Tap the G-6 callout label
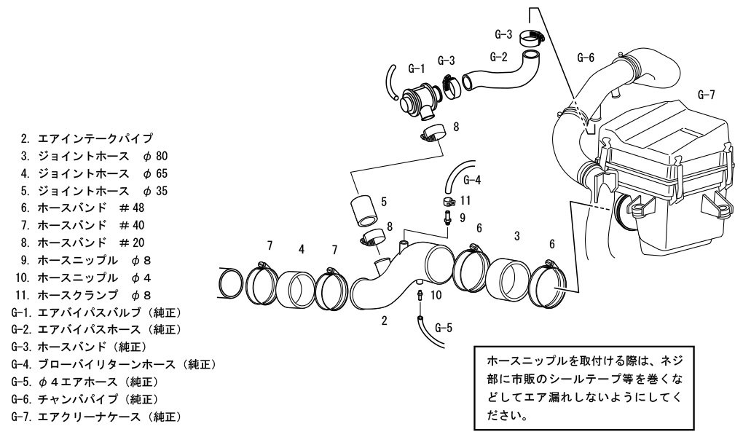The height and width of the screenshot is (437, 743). pyautogui.click(x=586, y=56)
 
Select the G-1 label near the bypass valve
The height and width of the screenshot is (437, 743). pyautogui.click(x=416, y=68)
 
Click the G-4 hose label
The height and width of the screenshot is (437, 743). pyautogui.click(x=472, y=179)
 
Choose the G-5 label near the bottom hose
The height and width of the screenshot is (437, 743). pyautogui.click(x=443, y=328)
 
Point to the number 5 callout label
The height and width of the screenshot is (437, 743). pyautogui.click(x=383, y=201)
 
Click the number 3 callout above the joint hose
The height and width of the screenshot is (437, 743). pyautogui.click(x=516, y=236)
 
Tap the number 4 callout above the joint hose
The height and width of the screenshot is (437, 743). pyautogui.click(x=301, y=249)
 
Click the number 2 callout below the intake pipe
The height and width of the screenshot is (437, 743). pyautogui.click(x=384, y=321)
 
